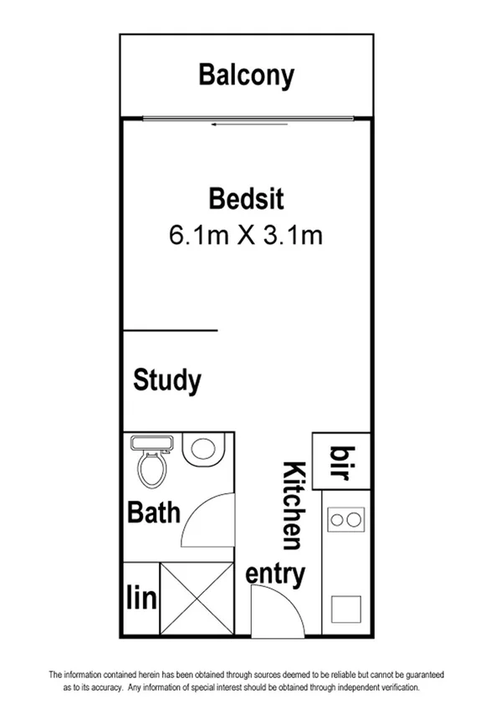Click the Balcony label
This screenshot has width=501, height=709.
point(246,75)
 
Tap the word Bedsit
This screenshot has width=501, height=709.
point(246,200)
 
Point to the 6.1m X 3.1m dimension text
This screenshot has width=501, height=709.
point(246,235)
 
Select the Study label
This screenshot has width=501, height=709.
point(167,380)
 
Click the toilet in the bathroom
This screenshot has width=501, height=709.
point(153,464)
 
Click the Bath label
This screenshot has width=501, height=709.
point(153,511)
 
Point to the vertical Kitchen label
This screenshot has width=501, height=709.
point(293,505)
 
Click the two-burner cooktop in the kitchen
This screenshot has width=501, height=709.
point(346,519)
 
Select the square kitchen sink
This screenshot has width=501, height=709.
point(345,608)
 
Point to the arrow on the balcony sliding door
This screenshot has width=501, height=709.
point(221,125)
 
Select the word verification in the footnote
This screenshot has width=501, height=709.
point(397,687)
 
